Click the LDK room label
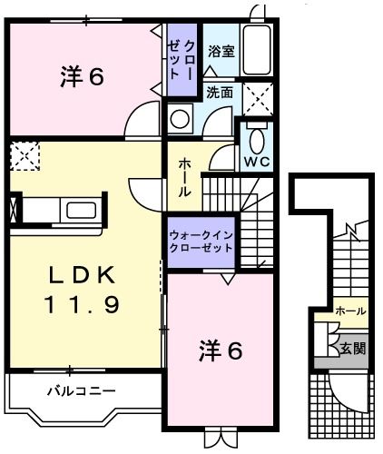tap(83, 274)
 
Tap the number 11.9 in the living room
tap(83, 305)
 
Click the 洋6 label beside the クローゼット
tap(83, 78)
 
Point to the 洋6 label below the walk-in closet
tap(221, 350)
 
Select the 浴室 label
tap(221, 52)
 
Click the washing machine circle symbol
tap(181, 117)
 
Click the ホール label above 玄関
tap(350, 311)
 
